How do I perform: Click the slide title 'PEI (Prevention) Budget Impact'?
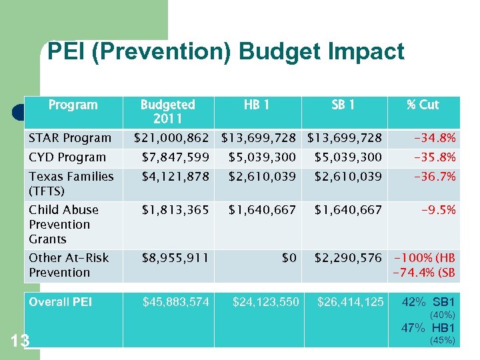tap(226, 52)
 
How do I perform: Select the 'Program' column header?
tap(73, 105)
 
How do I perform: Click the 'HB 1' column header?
tap(257, 105)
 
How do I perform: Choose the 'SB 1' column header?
tap(343, 105)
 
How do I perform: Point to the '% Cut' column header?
tap(423, 105)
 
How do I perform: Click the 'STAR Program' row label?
tap(70, 138)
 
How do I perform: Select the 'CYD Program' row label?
tap(67, 157)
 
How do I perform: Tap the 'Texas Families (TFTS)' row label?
tap(71, 183)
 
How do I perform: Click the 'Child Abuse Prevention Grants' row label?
tap(63, 224)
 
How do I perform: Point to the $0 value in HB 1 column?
tap(289, 257)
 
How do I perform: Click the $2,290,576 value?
tap(348, 257)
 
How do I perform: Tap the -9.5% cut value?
tap(438, 210)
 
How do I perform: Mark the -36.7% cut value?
tap(435, 177)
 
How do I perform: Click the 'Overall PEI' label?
tap(61, 302)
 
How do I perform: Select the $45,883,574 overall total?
tap(176, 302)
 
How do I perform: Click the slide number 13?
tap(20, 342)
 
